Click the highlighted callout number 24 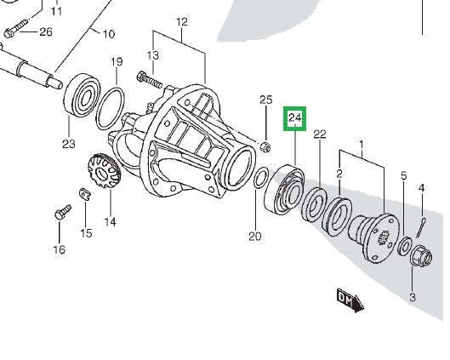[295, 117]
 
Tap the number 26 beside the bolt [45, 32]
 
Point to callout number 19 [117, 62]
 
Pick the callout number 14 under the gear [110, 222]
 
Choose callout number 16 [58, 249]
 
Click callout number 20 [255, 236]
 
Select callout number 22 [320, 134]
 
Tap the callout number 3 [412, 297]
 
